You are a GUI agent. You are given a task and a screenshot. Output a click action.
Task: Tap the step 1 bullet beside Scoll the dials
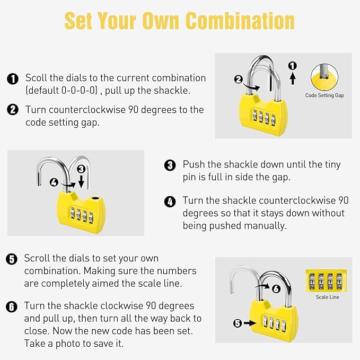13,78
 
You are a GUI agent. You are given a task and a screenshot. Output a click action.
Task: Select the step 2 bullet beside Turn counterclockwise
13,110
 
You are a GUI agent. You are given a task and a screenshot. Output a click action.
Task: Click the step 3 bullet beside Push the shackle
170,165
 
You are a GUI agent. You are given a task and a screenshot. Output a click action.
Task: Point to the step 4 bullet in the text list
170,201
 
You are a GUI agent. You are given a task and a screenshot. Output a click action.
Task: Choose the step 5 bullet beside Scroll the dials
12,259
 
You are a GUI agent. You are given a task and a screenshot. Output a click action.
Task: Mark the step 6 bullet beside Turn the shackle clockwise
12,307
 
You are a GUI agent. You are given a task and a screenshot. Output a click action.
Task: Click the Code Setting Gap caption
324,96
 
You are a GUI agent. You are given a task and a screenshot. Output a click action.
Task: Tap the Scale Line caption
327,297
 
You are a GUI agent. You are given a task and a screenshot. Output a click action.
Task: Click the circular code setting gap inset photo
325,77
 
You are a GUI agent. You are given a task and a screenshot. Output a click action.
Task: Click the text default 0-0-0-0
62,90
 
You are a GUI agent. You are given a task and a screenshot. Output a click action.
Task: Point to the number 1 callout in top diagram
292,66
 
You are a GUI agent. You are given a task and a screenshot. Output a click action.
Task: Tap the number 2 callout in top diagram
239,80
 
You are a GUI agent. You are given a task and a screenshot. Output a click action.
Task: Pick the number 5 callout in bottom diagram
237,322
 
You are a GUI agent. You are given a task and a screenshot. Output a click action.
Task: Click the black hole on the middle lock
95,198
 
